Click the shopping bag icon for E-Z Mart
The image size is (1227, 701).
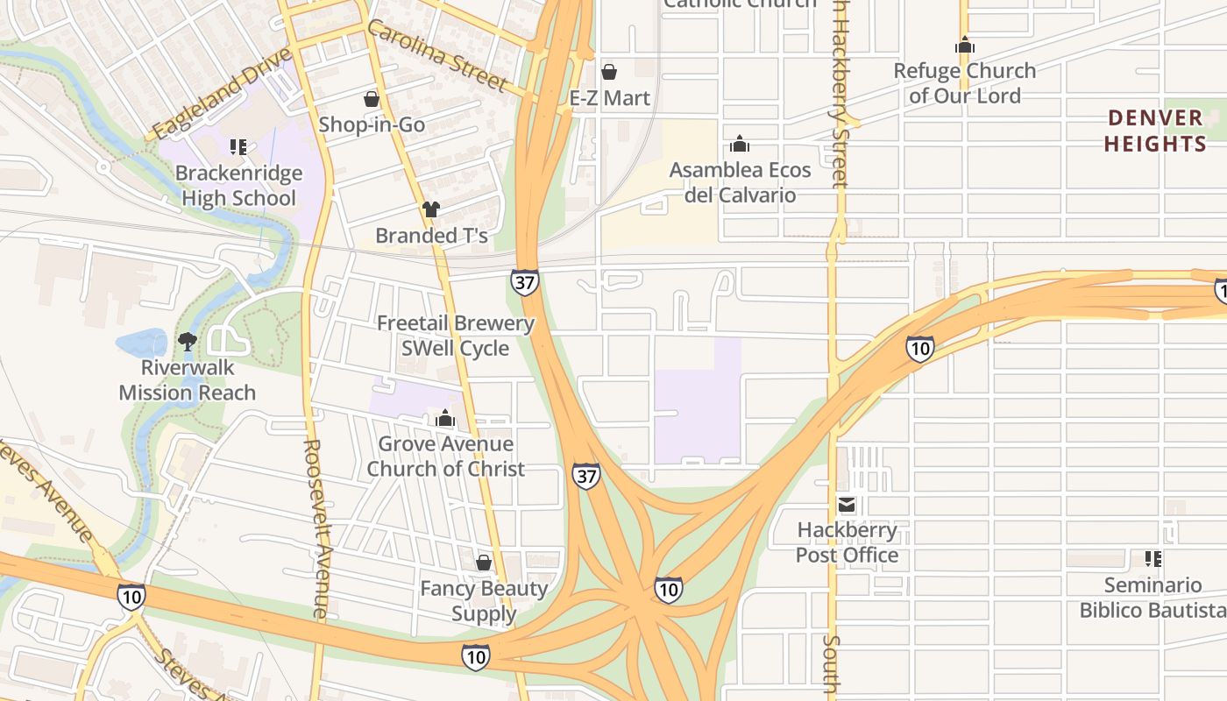tap(608, 72)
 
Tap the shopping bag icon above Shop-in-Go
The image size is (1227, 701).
tap(372, 98)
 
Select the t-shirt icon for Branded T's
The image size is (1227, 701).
tap(430, 209)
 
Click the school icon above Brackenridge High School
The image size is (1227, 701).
tap(238, 146)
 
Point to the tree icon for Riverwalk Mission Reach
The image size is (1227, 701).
tap(187, 341)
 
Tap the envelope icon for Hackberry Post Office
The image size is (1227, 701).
tap(847, 504)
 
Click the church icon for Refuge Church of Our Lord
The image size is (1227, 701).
tap(965, 45)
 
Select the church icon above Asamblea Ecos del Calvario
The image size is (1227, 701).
tap(740, 144)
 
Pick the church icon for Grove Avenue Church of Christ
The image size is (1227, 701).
tap(445, 418)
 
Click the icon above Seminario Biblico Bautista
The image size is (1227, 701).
tap(1153, 558)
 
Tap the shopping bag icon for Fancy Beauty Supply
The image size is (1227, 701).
tap(483, 563)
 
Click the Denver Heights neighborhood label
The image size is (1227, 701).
tap(1154, 131)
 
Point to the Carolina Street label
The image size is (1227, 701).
tap(436, 55)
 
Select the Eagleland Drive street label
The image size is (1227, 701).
tap(220, 94)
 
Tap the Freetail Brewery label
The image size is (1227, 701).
tap(455, 323)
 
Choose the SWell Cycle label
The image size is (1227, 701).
tap(455, 348)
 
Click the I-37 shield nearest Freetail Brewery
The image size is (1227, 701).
tap(524, 282)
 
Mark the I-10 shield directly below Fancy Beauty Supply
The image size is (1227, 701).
tap(476, 656)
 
